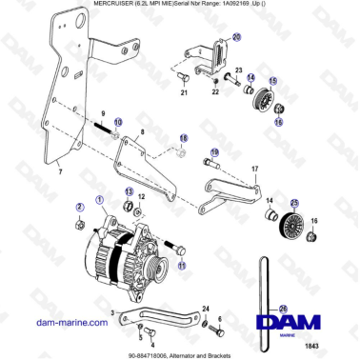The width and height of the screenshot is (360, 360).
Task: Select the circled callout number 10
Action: pos(118,124)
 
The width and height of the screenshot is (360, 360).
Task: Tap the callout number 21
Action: pos(184,93)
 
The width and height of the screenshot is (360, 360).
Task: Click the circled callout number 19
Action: pos(214,151)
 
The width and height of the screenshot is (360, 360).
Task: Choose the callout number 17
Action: pos(254,169)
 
